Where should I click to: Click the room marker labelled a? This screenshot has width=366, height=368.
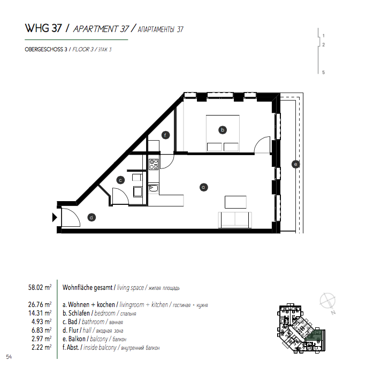point(203,187)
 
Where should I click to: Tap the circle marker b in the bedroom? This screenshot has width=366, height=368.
point(223,130)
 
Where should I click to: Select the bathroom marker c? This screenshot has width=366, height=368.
point(120,180)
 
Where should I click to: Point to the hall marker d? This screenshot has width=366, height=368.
point(91,218)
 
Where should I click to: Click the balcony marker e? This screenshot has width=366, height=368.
point(295,164)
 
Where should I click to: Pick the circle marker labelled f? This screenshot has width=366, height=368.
point(165,135)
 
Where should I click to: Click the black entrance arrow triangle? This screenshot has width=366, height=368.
point(55,217)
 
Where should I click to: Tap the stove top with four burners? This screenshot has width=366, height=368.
point(154,164)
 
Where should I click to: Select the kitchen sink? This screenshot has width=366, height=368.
point(154,188)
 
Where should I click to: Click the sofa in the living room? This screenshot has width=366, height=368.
point(235,220)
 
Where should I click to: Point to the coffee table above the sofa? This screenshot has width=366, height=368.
point(235,202)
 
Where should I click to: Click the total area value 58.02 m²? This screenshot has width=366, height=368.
point(40,288)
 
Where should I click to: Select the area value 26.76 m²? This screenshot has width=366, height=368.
point(40,305)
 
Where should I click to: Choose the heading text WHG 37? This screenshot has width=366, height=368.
point(43,28)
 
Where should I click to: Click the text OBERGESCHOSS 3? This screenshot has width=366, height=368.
point(46,50)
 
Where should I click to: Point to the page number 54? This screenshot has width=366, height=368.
point(9,357)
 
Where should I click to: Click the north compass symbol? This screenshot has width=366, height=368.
point(327,302)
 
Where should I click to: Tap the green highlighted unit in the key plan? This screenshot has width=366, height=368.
point(315,335)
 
